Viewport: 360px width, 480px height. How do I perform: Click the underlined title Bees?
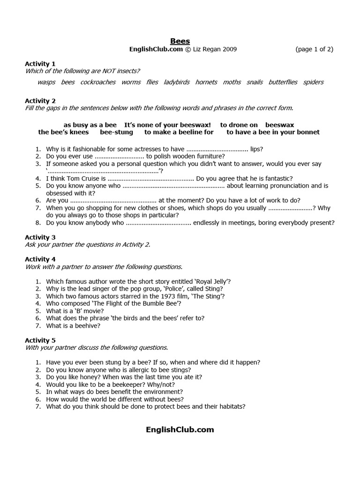(x=180, y=41)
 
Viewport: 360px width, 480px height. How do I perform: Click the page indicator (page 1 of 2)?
(x=314, y=49)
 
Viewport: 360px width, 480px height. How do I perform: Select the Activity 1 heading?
(x=40, y=63)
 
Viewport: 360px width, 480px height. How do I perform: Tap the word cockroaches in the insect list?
(x=98, y=82)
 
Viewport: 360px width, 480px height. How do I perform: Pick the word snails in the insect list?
(x=255, y=82)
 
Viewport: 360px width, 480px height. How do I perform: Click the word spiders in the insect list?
(x=313, y=82)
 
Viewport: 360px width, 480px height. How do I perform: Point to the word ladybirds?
(x=177, y=82)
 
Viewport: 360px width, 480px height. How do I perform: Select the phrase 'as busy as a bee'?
(x=90, y=125)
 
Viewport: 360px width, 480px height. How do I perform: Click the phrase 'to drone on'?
(x=239, y=125)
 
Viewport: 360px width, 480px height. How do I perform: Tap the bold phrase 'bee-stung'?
(x=117, y=132)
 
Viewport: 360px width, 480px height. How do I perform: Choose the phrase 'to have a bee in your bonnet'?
(x=273, y=132)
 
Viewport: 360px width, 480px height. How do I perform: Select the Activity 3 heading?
(x=40, y=237)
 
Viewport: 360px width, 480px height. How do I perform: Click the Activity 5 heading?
(x=40, y=340)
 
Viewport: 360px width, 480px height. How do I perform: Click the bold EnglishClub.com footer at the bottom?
(x=180, y=429)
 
